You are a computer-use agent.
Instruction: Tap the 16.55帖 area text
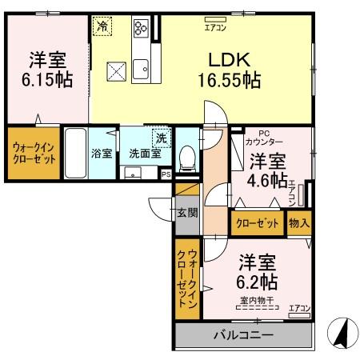(229, 79)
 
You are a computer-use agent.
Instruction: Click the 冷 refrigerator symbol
(103, 26)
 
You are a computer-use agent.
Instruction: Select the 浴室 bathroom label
(101, 153)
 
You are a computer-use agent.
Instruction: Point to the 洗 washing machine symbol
(161, 137)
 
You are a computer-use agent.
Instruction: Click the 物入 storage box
(298, 223)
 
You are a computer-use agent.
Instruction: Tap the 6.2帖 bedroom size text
(257, 282)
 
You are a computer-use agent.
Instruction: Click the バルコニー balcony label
(242, 334)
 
